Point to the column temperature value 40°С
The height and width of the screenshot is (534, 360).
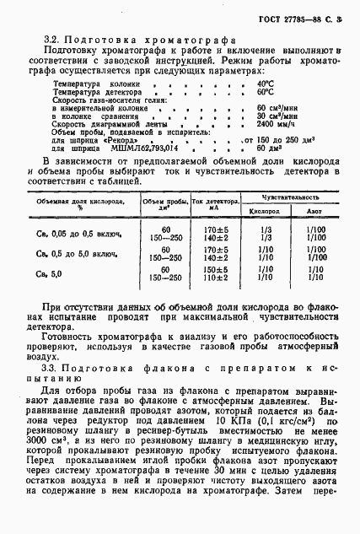coord(265,84)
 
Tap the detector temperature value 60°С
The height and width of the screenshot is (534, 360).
coord(265,92)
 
